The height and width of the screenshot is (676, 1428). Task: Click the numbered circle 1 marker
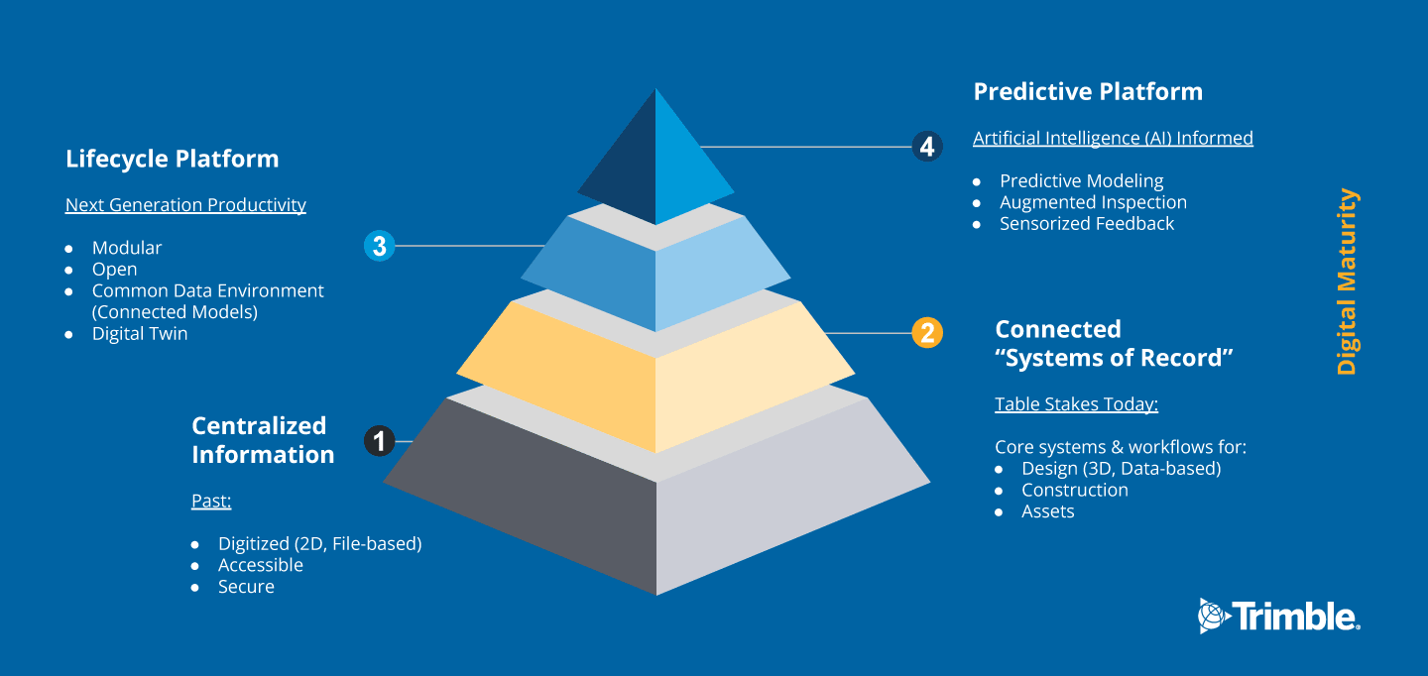pyautogui.click(x=379, y=441)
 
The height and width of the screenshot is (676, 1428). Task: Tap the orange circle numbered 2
pyautogui.click(x=927, y=333)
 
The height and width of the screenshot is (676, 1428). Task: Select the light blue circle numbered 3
pyautogui.click(x=379, y=245)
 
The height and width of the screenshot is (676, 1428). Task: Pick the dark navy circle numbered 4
pyautogui.click(x=927, y=147)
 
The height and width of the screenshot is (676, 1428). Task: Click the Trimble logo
pyautogui.click(x=1279, y=617)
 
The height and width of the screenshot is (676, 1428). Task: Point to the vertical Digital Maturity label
pyautogui.click(x=1347, y=281)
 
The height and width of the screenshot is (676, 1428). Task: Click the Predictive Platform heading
pyautogui.click(x=1088, y=92)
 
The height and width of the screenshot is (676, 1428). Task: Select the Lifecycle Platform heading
pyautogui.click(x=173, y=159)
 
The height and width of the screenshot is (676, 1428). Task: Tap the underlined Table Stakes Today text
pyautogui.click(x=1076, y=404)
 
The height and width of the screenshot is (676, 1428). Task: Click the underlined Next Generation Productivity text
pyautogui.click(x=185, y=204)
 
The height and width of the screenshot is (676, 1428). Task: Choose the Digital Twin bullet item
pyautogui.click(x=140, y=333)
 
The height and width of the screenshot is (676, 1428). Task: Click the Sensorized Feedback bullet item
pyautogui.click(x=1086, y=224)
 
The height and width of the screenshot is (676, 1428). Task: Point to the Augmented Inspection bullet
pyautogui.click(x=1093, y=202)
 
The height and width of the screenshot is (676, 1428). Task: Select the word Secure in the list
pyautogui.click(x=246, y=586)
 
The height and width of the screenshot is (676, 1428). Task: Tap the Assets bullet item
pyautogui.click(x=1047, y=511)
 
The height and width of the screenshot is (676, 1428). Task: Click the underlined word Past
pyautogui.click(x=211, y=501)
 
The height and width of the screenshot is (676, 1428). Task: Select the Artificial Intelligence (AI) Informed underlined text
pyautogui.click(x=1113, y=138)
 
